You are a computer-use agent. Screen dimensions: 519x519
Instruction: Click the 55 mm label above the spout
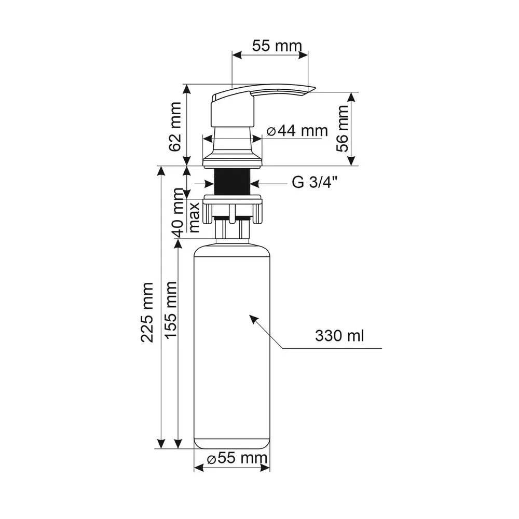(277, 46)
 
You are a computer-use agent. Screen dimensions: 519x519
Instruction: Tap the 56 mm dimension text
(343, 128)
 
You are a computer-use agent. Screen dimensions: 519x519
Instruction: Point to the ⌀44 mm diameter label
(298, 131)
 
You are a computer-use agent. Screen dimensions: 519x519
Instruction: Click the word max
(194, 216)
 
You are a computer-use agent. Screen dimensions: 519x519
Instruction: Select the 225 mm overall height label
(147, 312)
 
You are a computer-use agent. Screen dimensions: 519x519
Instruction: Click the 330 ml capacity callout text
(339, 336)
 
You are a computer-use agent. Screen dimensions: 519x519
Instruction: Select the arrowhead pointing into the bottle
(253, 318)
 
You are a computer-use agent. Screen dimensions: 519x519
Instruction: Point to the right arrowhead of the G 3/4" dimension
(255, 183)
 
